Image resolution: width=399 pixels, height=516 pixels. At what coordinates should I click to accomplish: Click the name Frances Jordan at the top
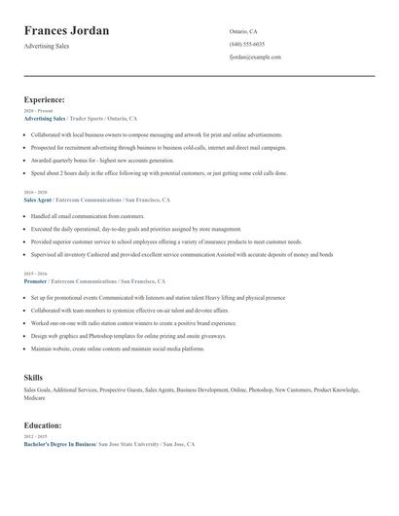point(66,30)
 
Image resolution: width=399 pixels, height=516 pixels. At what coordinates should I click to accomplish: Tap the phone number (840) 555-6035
point(247,44)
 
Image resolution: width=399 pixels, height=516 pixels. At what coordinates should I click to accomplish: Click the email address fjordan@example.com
point(255,56)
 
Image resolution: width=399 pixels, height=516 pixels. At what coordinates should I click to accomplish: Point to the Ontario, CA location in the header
point(243,31)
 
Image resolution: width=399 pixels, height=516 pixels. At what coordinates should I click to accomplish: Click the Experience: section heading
point(45,99)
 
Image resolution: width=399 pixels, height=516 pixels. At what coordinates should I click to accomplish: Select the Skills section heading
point(33,376)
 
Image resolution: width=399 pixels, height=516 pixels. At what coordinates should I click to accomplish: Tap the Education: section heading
point(43,424)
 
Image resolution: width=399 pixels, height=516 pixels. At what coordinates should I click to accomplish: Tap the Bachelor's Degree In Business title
point(60,443)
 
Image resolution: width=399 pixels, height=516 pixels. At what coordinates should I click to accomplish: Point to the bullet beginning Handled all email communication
point(88,216)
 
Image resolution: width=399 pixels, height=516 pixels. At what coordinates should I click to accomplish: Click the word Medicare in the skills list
point(34,397)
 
